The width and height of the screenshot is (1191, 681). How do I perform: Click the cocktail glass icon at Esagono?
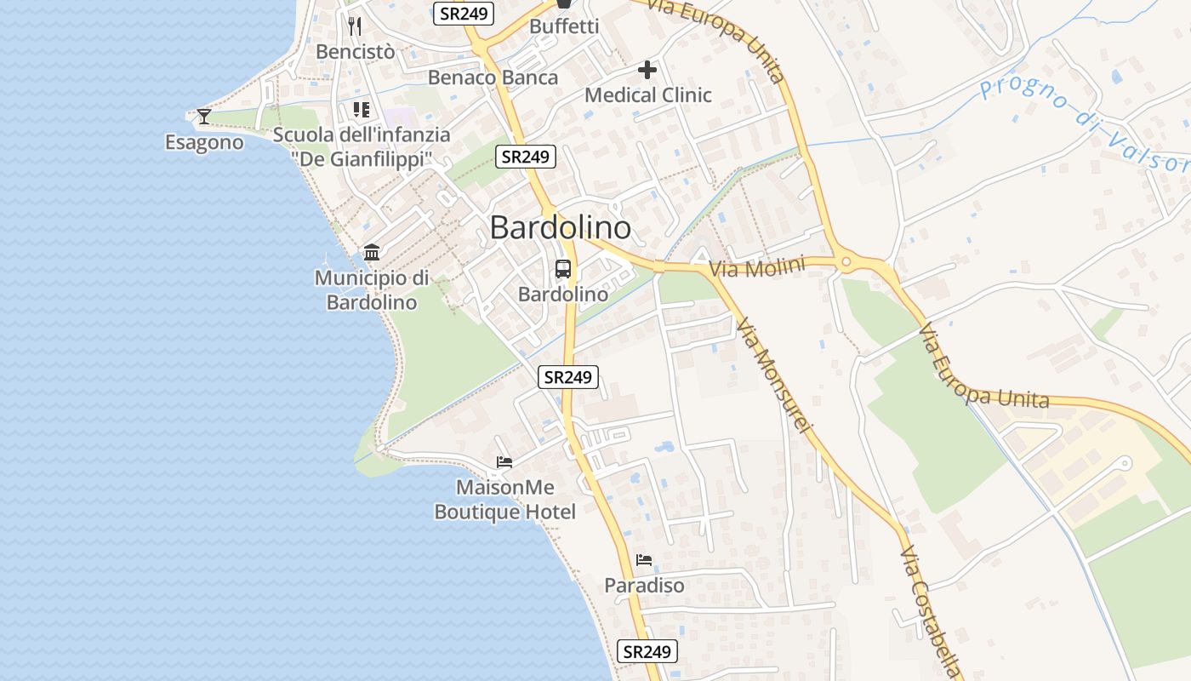(203, 116)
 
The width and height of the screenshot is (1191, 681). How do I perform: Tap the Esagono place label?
(204, 142)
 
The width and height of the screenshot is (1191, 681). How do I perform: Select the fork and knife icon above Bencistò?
(355, 26)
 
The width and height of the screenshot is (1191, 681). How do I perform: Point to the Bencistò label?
(355, 52)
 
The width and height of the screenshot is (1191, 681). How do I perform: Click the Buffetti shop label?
(564, 26)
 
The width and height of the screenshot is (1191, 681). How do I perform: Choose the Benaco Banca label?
(493, 77)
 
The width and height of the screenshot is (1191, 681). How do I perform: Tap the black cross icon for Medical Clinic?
(647, 69)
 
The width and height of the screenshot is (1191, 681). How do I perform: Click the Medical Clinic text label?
(647, 94)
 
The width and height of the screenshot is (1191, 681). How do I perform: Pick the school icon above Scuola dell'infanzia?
(361, 110)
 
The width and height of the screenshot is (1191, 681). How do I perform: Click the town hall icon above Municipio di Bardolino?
(372, 252)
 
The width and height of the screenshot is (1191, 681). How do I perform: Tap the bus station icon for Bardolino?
(563, 269)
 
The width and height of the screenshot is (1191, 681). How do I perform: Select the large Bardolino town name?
(561, 227)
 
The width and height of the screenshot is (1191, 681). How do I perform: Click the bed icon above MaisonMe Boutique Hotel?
(504, 462)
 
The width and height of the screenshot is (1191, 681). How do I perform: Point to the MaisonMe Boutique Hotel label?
(504, 500)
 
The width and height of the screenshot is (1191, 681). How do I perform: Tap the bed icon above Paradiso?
(644, 560)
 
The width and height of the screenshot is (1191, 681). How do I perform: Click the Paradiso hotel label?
(644, 586)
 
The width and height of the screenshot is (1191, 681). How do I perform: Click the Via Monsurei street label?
(774, 375)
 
